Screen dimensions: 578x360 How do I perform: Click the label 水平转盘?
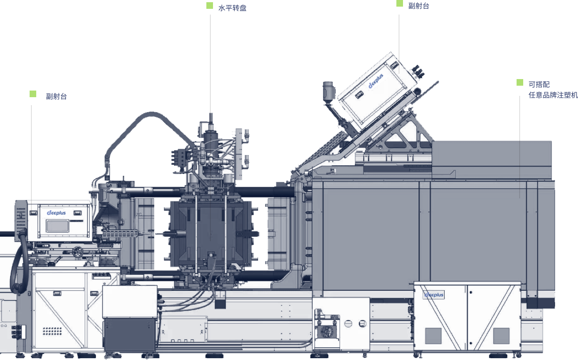click(232, 8)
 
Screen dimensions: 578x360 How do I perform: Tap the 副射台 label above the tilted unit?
click(418, 6)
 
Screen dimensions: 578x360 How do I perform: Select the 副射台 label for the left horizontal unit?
click(56, 96)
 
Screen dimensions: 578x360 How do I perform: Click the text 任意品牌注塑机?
click(553, 95)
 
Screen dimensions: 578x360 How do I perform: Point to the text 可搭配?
click(539, 84)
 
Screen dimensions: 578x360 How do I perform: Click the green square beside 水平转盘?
click(209, 5)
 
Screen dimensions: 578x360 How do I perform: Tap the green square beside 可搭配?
click(520, 82)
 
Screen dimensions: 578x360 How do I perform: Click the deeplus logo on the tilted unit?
click(376, 81)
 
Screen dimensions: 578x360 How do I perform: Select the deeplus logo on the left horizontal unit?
click(56, 213)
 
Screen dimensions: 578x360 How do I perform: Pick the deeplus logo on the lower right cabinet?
click(434, 295)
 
